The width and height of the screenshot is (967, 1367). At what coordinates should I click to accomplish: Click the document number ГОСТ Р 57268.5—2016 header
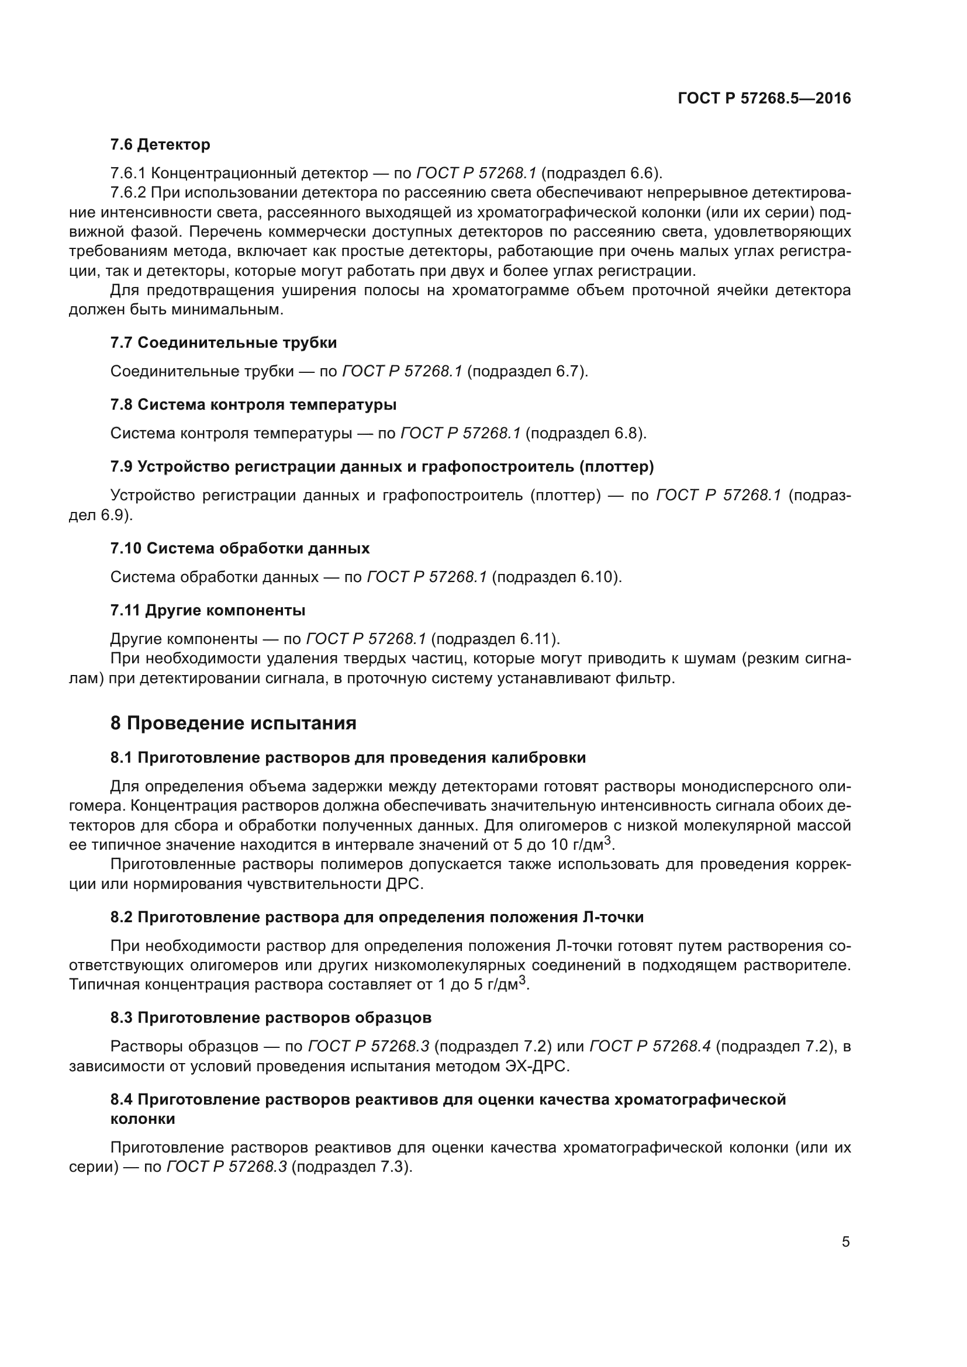[x=764, y=98]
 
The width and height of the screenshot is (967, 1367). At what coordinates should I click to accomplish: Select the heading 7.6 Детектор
[x=160, y=145]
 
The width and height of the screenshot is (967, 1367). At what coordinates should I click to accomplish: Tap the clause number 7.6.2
[x=128, y=193]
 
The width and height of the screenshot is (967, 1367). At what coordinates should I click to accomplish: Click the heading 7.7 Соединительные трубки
[x=223, y=343]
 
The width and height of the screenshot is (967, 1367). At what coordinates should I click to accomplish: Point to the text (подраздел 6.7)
[x=527, y=372]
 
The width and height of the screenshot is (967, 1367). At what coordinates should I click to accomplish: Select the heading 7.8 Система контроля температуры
[x=253, y=405]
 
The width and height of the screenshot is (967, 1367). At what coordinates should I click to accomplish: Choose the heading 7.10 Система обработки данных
[x=240, y=548]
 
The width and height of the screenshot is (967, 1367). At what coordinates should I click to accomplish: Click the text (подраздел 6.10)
[x=557, y=577]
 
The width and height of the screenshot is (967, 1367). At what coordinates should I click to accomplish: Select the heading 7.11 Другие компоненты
[x=208, y=610]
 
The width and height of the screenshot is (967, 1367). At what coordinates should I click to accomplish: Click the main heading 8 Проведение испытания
[x=233, y=724]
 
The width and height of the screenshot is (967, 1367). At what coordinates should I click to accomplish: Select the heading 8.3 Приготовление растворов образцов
[x=271, y=1018]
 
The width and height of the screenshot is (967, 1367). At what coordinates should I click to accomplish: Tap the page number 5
[x=845, y=1242]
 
